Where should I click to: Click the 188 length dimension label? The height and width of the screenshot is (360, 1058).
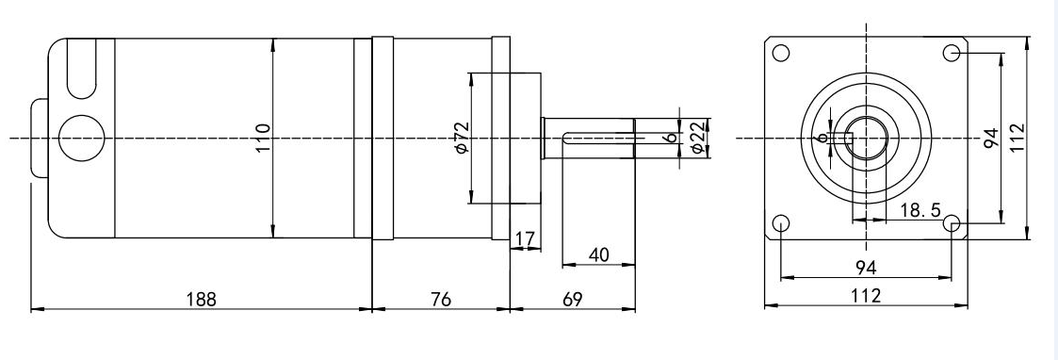[x=201, y=299]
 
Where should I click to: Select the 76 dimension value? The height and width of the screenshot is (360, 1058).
[x=441, y=299]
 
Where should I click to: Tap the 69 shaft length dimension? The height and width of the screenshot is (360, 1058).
[x=572, y=299]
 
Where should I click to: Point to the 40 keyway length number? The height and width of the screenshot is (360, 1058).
[x=598, y=254]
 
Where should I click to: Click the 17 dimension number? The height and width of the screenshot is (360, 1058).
[x=525, y=239]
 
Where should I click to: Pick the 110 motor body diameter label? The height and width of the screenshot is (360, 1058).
[x=263, y=138]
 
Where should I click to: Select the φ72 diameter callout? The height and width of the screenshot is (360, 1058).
[x=462, y=138]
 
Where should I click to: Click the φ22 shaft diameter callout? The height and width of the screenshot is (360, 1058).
[x=698, y=138]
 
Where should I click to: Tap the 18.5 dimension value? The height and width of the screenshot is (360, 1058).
[x=920, y=210]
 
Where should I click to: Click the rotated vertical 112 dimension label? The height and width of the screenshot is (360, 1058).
[x=1017, y=138]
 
